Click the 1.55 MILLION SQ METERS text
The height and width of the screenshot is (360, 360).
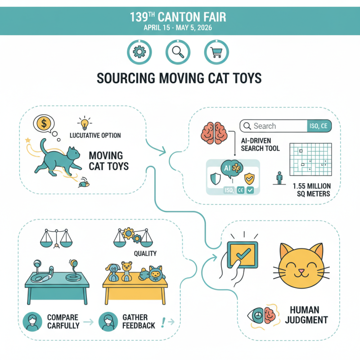[311, 189]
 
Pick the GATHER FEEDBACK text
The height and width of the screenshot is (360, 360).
[139, 321]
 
